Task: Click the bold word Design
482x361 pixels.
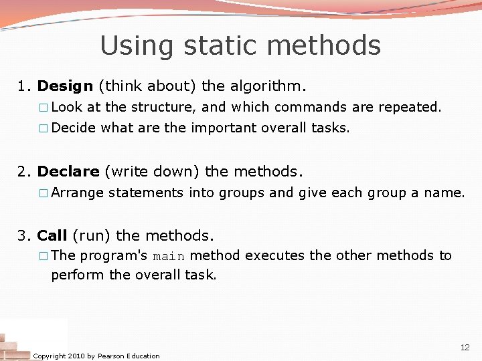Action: [x=65, y=86]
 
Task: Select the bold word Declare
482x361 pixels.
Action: [x=68, y=172]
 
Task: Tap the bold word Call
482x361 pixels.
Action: [x=52, y=236]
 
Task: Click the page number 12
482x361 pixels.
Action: [x=465, y=348]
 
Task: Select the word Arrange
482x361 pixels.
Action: [x=77, y=193]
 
